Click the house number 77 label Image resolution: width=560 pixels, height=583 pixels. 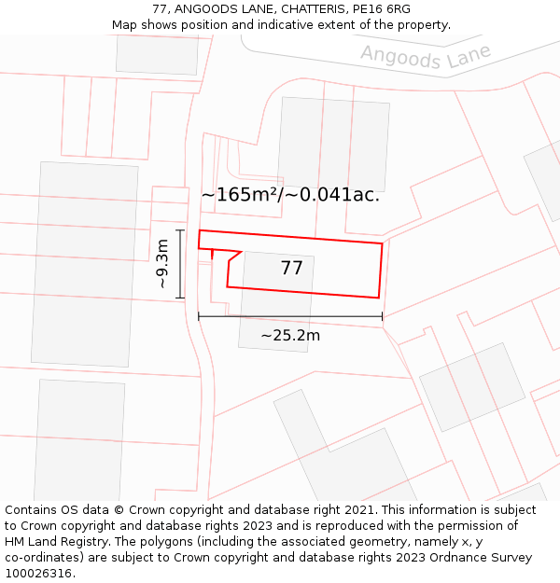(291, 269)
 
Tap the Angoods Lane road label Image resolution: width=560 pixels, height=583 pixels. (426, 56)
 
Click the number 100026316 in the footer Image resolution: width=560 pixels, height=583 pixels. (39, 574)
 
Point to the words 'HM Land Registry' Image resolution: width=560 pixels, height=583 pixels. (55, 542)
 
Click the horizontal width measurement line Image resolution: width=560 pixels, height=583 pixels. (290, 317)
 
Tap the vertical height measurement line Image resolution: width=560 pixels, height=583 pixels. (180, 264)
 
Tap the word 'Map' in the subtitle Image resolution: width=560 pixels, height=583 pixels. (125, 25)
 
